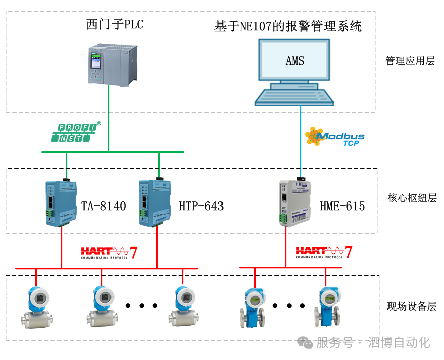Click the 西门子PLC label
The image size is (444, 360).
[x=115, y=24]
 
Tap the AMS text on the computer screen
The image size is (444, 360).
[x=295, y=61]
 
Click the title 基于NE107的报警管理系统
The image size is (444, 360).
[x=288, y=26]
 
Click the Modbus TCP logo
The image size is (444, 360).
[x=335, y=137]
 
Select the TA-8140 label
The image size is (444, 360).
[x=103, y=206]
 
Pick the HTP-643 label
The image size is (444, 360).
[x=201, y=206]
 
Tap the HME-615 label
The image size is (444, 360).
[x=342, y=206]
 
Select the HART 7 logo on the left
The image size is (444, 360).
[x=109, y=252]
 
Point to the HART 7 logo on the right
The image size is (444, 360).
[x=324, y=252]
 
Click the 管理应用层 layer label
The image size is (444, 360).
[x=410, y=61]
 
